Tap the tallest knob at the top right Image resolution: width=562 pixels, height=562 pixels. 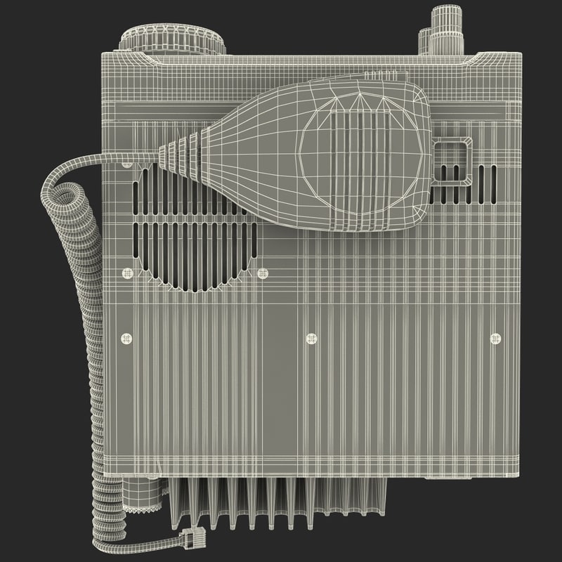[x=443, y=28]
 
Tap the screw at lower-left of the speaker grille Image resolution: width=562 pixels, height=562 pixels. [x=127, y=273]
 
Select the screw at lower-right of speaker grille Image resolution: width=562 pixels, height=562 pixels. [x=263, y=273]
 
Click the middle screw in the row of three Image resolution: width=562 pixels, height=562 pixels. [x=312, y=339]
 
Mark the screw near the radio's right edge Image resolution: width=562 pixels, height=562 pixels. [x=495, y=339]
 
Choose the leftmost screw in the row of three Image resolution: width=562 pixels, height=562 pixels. [x=126, y=339]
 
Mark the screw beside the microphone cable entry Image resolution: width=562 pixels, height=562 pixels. [x=127, y=164]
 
